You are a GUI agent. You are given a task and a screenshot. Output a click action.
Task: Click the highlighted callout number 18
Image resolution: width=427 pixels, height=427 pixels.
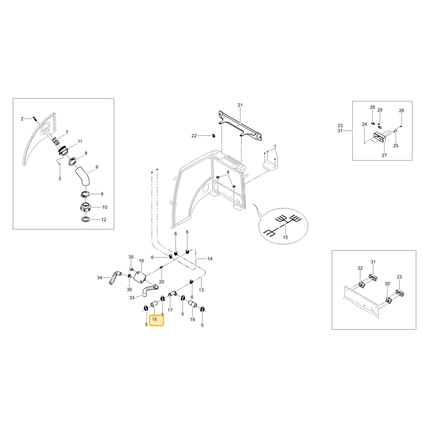pyautogui.click(x=155, y=319)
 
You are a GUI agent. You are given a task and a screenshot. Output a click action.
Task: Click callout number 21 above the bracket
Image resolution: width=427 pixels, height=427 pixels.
pyautogui.click(x=240, y=105)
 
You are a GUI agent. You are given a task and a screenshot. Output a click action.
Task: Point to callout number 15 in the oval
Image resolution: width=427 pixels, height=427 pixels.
pyautogui.click(x=285, y=237)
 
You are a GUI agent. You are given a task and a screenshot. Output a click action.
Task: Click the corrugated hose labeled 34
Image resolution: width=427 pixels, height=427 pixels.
pyautogui.click(x=114, y=278)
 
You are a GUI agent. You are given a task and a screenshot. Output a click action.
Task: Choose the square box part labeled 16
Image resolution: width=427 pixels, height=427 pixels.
pyautogui.click(x=140, y=277)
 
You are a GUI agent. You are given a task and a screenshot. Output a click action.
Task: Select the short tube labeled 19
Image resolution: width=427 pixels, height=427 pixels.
pyautogui.click(x=193, y=304)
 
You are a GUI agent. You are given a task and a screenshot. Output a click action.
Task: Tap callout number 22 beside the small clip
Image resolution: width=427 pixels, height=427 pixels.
pyautogui.click(x=194, y=136)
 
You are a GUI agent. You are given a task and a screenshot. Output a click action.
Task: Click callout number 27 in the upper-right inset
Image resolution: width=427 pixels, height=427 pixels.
pyautogui.click(x=384, y=155)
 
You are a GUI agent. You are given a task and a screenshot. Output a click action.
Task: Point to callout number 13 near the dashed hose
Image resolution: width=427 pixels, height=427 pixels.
pyautogui.click(x=201, y=290)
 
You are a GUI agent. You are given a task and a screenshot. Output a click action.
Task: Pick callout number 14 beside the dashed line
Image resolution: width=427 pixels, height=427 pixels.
pyautogui.click(x=210, y=259)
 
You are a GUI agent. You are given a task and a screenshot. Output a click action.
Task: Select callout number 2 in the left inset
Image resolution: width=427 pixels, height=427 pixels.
pyautogui.click(x=22, y=119)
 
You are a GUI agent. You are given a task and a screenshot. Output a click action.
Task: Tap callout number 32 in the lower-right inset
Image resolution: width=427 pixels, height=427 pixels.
pyautogui.click(x=360, y=268)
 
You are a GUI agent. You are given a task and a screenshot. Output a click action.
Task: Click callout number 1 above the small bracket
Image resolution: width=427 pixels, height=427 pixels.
pyautogui.click(x=275, y=146)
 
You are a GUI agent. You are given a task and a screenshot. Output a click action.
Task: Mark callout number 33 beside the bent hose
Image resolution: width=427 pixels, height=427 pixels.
pyautogui.click(x=132, y=298)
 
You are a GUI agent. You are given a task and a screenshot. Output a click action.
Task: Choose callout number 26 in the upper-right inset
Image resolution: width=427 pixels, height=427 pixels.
pyautogui.click(x=401, y=110)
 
